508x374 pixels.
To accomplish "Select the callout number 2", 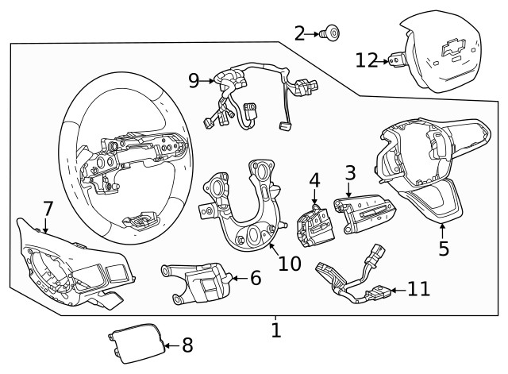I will (x=300, y=33).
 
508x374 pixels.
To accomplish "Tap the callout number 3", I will (x=349, y=172).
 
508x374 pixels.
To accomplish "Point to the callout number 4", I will (x=314, y=181).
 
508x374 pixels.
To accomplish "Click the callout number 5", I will (x=444, y=248).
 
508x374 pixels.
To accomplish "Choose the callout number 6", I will (x=255, y=278).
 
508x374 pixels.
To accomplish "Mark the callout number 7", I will (x=48, y=209).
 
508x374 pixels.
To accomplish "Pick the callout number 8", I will (x=187, y=345).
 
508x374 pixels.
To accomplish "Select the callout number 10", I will (x=290, y=263).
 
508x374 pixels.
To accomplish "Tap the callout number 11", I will (x=418, y=288).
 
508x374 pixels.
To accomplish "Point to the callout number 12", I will (x=367, y=60).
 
